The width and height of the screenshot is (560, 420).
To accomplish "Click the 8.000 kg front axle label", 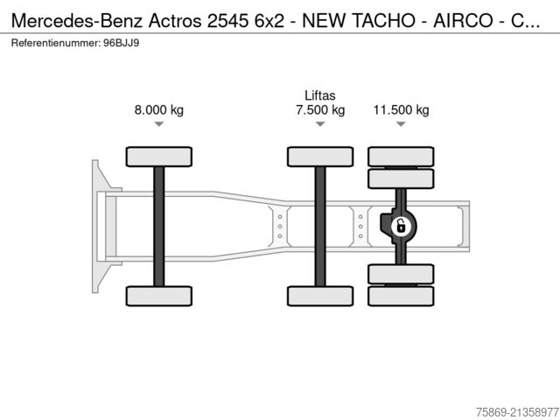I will (158, 110).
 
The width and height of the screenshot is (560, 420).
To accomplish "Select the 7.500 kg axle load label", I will (320, 110).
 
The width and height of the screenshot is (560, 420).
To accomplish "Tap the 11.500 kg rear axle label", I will (401, 110).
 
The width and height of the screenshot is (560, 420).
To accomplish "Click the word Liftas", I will (320, 95).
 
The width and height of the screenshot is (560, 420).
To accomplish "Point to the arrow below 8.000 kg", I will (158, 125).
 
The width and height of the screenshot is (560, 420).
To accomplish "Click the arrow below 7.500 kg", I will (320, 125).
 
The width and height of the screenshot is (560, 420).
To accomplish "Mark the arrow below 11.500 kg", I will (401, 125).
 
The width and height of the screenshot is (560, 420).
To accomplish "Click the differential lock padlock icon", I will (400, 227).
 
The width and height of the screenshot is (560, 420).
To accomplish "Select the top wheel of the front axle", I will (158, 157).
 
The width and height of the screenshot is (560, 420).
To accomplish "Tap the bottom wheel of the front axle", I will (158, 296).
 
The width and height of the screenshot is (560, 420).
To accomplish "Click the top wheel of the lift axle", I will (320, 157).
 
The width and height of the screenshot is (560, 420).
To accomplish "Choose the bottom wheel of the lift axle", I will (320, 296).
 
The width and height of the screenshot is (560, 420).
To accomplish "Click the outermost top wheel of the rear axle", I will (401, 157).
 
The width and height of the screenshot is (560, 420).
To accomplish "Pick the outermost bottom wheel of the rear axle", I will (401, 297).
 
